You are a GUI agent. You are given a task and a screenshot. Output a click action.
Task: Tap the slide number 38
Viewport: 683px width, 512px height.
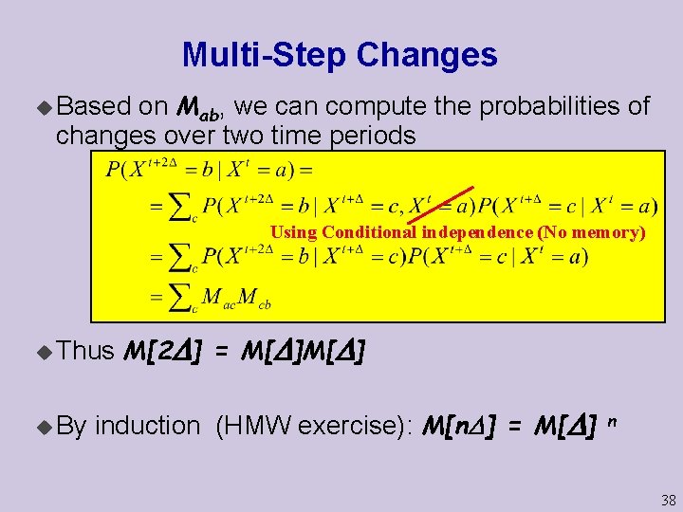point(668,500)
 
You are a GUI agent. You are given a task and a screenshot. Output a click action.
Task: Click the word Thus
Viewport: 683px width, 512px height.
point(84,351)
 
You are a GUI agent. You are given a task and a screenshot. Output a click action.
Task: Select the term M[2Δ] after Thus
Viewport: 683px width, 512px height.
point(167,351)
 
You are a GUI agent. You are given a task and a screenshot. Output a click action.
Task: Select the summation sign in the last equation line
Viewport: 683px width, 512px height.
point(177,297)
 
